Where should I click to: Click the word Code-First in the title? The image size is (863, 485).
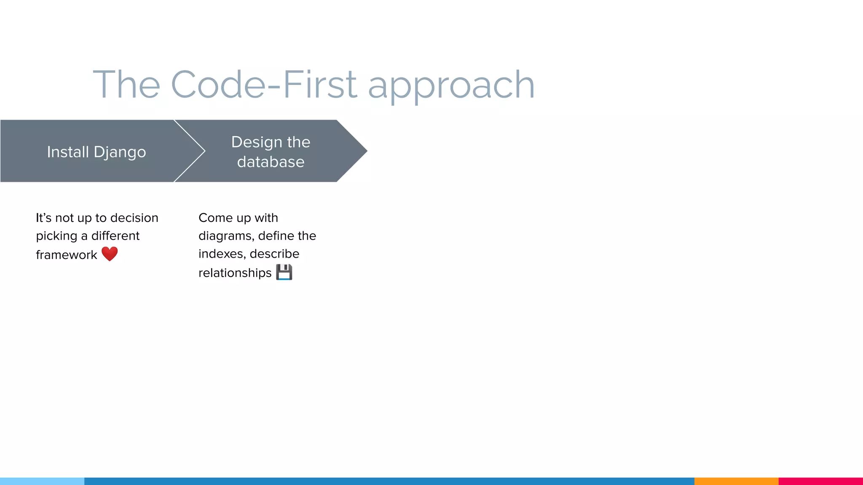tap(264, 85)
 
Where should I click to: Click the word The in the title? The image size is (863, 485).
tap(126, 85)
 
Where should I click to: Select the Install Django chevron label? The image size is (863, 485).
tap(96, 152)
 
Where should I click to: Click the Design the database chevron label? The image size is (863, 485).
tap(271, 152)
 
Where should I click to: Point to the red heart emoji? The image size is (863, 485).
tap(110, 254)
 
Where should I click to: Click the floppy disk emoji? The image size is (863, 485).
tap(284, 272)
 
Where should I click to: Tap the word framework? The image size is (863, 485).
tap(66, 255)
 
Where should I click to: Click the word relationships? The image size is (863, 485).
tap(235, 273)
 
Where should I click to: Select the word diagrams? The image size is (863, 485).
tap(226, 236)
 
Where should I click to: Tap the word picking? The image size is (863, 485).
tap(56, 236)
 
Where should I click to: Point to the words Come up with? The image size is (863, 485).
tap(238, 218)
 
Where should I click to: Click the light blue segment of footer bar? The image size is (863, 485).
tap(42, 481)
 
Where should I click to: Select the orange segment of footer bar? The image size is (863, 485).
tap(736, 481)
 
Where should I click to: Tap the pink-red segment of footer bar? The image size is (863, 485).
tap(820, 481)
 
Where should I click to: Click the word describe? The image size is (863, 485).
tap(274, 254)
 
